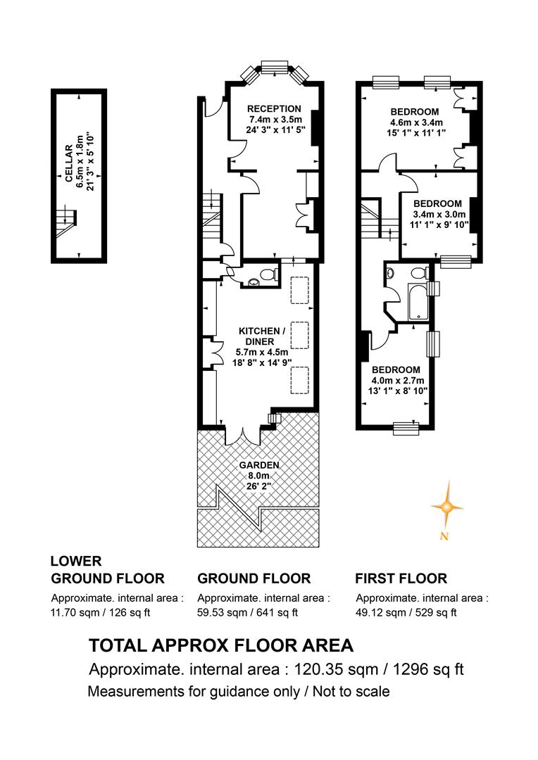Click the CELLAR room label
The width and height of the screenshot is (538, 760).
(x=69, y=163)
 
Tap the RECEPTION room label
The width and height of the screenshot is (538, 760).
(x=274, y=108)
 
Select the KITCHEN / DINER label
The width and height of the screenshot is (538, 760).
(x=262, y=336)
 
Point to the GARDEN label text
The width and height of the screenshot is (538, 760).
(x=259, y=465)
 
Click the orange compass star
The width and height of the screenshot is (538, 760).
(x=446, y=507)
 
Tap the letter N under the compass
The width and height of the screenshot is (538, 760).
(x=444, y=536)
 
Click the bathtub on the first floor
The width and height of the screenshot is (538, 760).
(x=419, y=301)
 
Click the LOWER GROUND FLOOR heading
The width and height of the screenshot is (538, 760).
(x=108, y=569)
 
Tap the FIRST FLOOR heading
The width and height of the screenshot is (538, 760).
(x=401, y=578)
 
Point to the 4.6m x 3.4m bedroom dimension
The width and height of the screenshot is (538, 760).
(x=416, y=122)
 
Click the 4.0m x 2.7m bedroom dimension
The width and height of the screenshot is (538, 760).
(x=398, y=381)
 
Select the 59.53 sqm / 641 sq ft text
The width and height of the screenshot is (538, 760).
(x=247, y=612)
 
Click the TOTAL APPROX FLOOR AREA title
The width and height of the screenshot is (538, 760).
(x=221, y=645)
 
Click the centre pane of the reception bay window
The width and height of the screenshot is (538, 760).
(x=275, y=68)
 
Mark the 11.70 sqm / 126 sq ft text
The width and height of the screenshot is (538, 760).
(x=101, y=612)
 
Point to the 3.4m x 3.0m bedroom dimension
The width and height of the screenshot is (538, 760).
(x=439, y=214)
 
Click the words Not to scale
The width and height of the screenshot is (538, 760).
(x=351, y=691)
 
